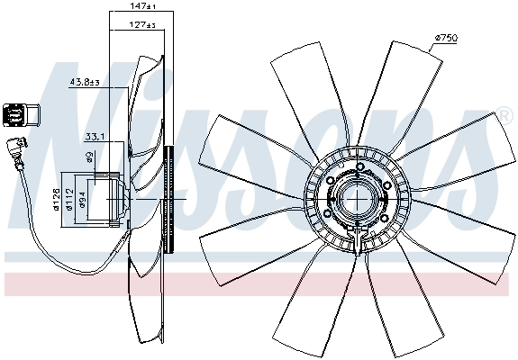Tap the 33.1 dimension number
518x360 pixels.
pos(95,137)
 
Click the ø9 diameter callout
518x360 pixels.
pos(90,157)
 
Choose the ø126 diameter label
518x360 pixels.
pos(56,197)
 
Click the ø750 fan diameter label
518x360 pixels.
pos(446,37)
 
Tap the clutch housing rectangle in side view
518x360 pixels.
pos(114,198)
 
